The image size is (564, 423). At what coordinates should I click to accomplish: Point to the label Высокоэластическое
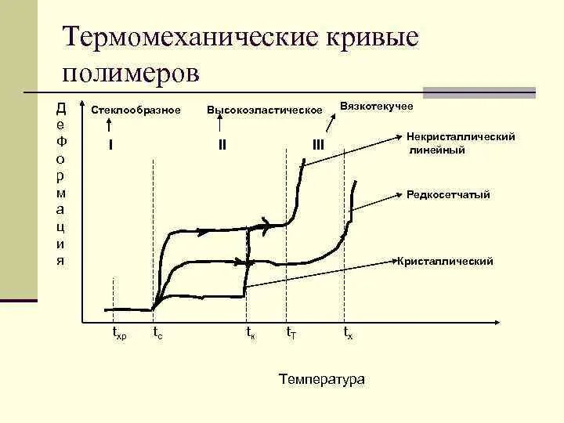point(264,110)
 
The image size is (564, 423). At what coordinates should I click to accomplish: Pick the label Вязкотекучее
point(376,105)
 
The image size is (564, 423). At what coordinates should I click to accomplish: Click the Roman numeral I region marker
point(110,144)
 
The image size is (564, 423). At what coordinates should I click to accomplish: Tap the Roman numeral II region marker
point(222,144)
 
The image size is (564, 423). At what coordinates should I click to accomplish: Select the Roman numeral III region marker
point(318,144)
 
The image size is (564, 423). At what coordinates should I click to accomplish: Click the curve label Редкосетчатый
point(448,194)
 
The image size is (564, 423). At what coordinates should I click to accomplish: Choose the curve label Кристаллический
point(445,262)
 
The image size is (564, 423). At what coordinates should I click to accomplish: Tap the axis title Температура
point(321,379)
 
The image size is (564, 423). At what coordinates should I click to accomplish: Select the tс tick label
point(157,334)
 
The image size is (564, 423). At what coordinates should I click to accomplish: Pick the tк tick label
point(250,334)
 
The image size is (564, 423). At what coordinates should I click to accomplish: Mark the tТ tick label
point(291,334)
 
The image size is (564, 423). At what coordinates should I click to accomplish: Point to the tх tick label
point(349,334)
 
